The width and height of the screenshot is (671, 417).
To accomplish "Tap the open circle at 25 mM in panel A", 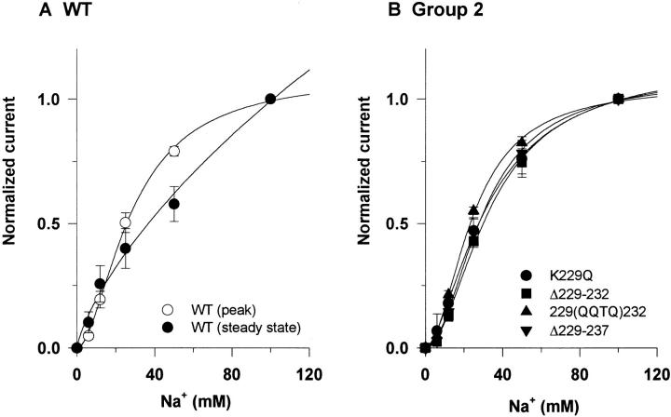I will click(x=125, y=222).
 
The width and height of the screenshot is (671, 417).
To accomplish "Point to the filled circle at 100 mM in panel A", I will click(x=270, y=100).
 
